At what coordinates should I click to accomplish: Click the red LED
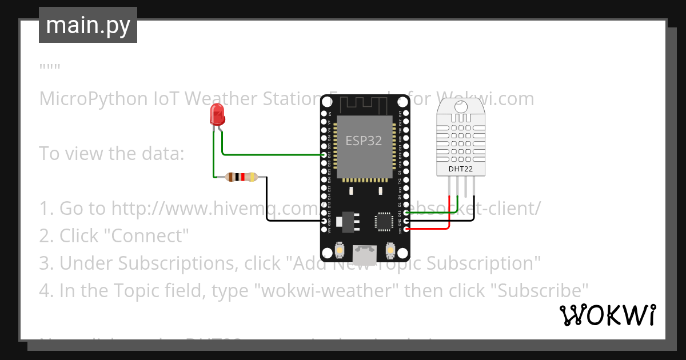tap(217, 115)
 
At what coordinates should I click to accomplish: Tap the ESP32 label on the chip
tap(364, 141)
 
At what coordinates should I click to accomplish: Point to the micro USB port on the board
tap(364, 254)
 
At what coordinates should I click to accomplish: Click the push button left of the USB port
tap(340, 250)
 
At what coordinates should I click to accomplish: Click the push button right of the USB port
tap(390, 250)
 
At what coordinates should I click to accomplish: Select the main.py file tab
tap(88, 25)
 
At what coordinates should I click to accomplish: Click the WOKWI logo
tap(607, 315)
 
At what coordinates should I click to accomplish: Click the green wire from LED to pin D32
tap(269, 154)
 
